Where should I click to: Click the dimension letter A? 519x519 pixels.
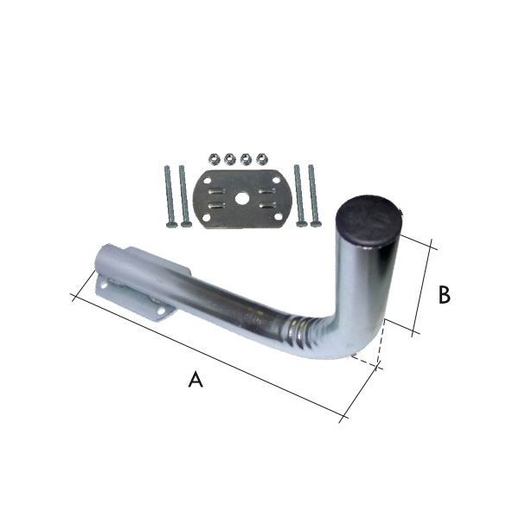[x=195, y=380]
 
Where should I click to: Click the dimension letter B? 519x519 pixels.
[x=444, y=295]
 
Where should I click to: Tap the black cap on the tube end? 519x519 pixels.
[x=368, y=220]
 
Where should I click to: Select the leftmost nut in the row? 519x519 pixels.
[x=214, y=159]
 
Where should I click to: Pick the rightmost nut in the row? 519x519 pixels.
[x=262, y=159]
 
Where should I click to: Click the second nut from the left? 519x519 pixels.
[x=229, y=159]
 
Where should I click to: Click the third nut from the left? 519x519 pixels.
[x=246, y=159]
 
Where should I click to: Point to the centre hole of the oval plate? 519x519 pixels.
[x=241, y=199]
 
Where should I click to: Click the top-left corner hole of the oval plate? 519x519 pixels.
[x=208, y=181]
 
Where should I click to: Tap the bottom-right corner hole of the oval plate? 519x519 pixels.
[x=277, y=217]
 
